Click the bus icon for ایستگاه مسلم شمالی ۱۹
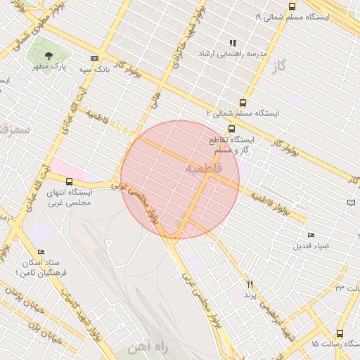[x=292, y=6]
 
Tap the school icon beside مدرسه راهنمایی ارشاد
[x=233, y=43]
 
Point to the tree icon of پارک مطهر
[x=49, y=56]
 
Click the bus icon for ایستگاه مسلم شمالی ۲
[x=243, y=102]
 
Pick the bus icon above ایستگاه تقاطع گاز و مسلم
[x=232, y=129]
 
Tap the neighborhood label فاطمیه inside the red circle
[x=204, y=169]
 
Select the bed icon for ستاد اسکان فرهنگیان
[x=41, y=252]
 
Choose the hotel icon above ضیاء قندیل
[x=311, y=235]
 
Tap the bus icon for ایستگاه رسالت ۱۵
[x=340, y=334]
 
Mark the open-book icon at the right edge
[x=352, y=203]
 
